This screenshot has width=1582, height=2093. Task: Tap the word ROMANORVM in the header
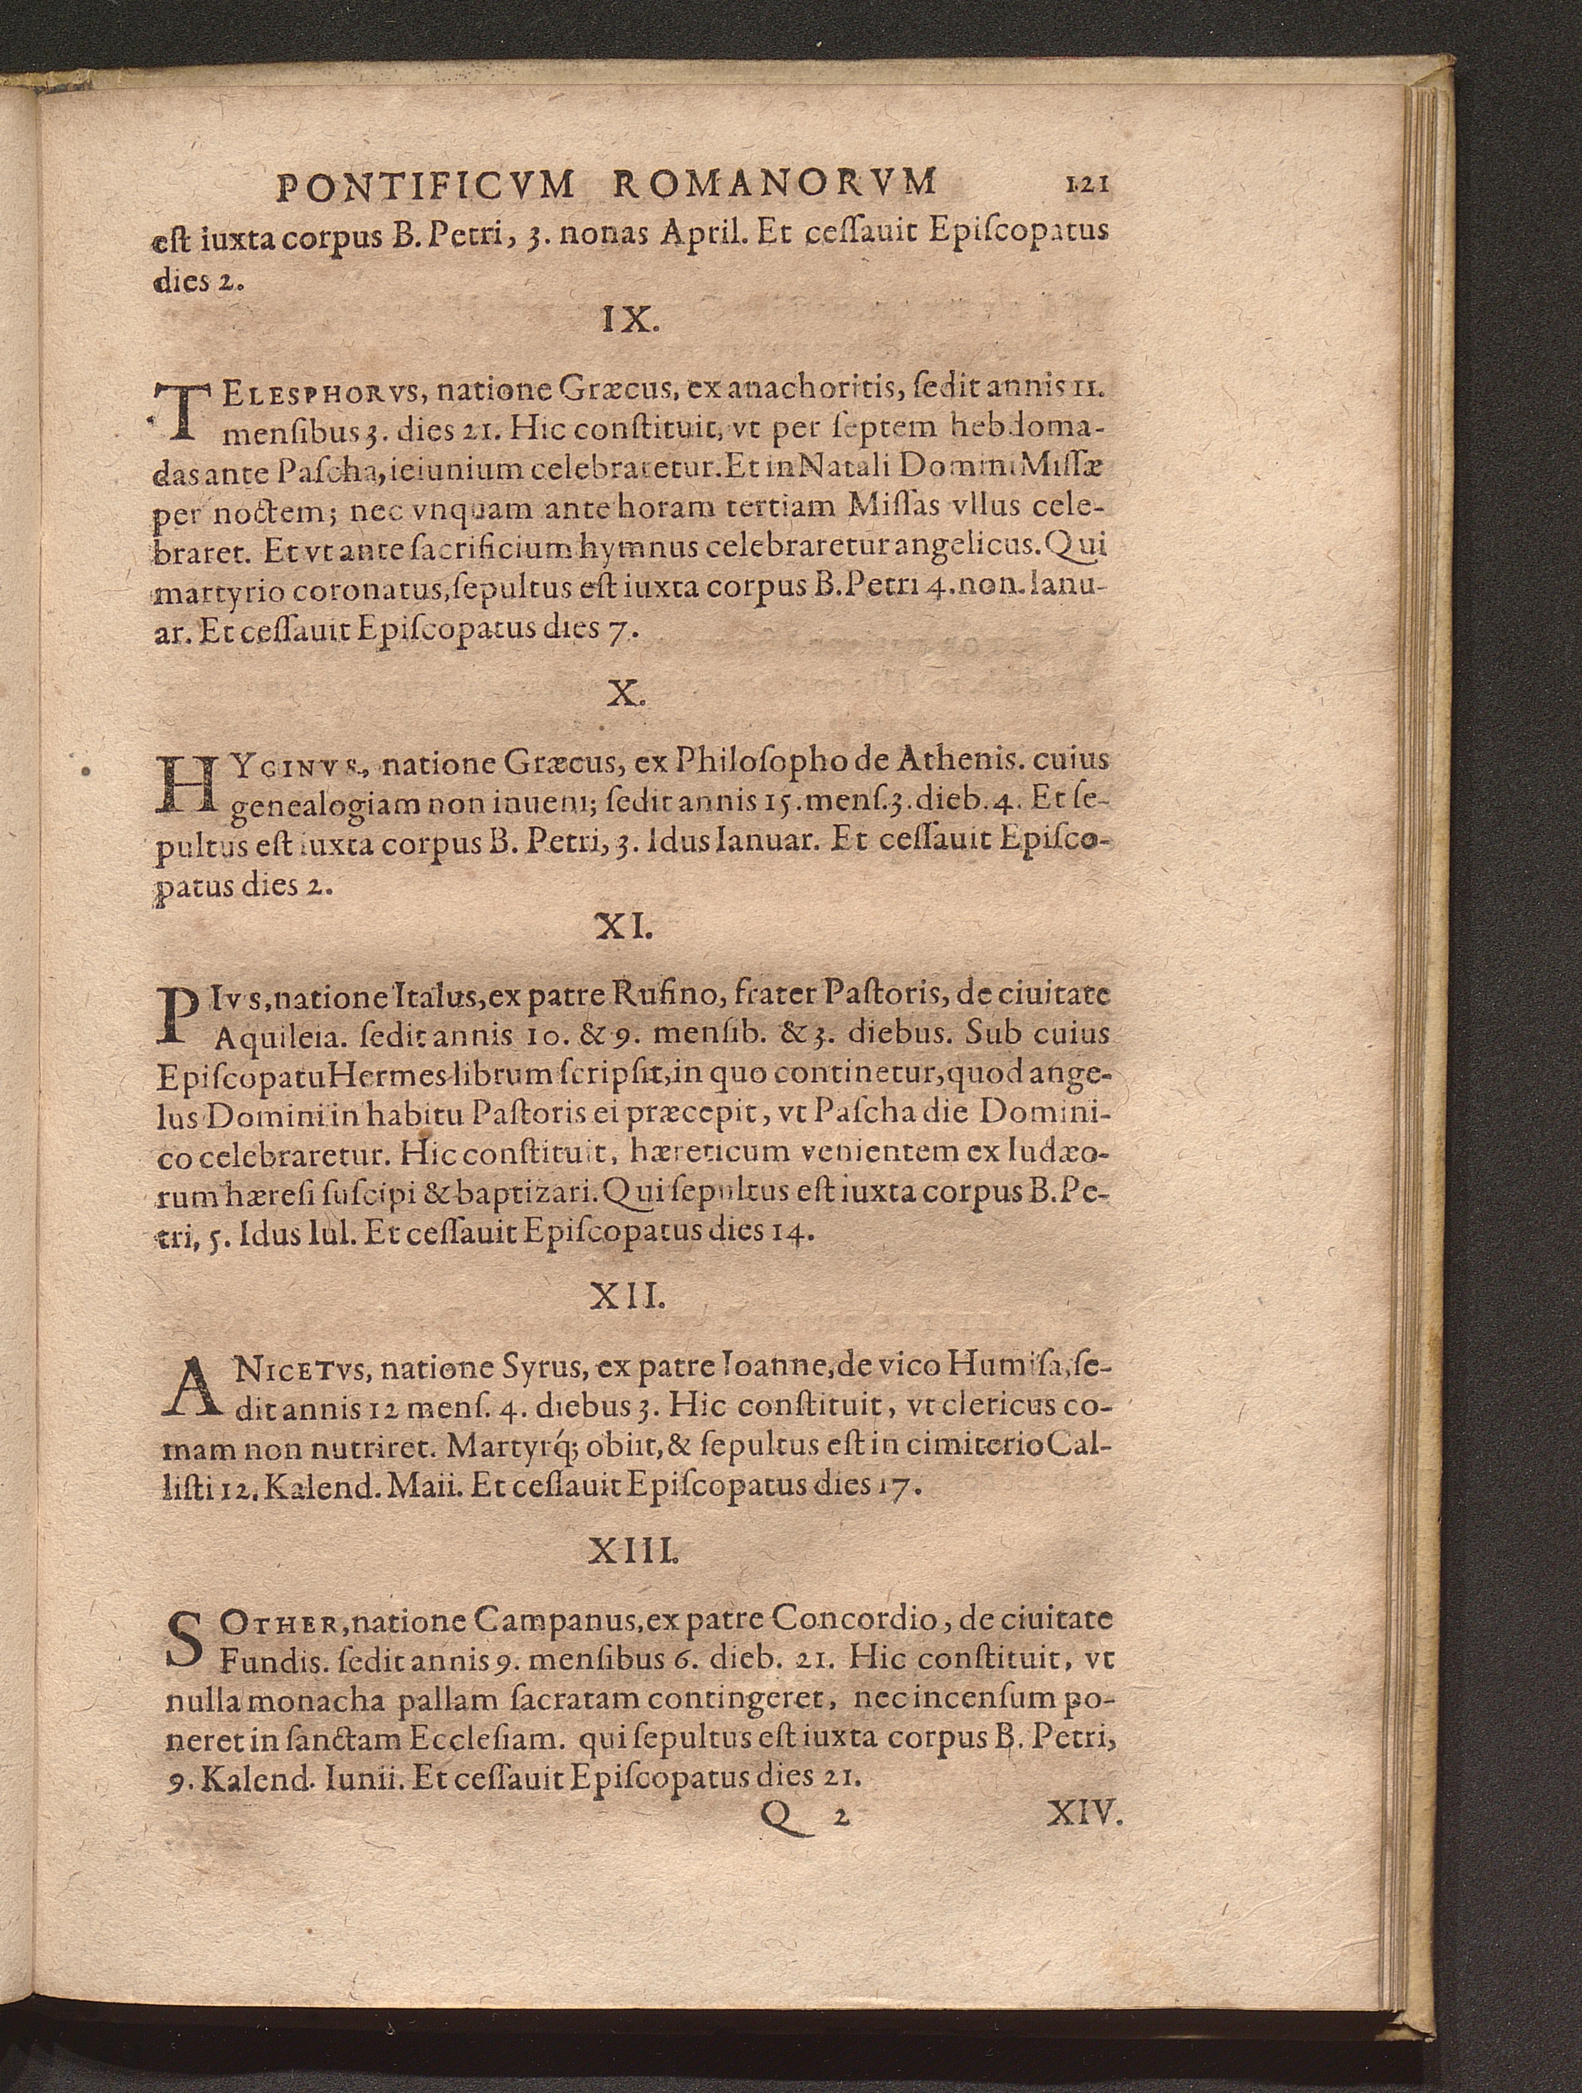(775, 182)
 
